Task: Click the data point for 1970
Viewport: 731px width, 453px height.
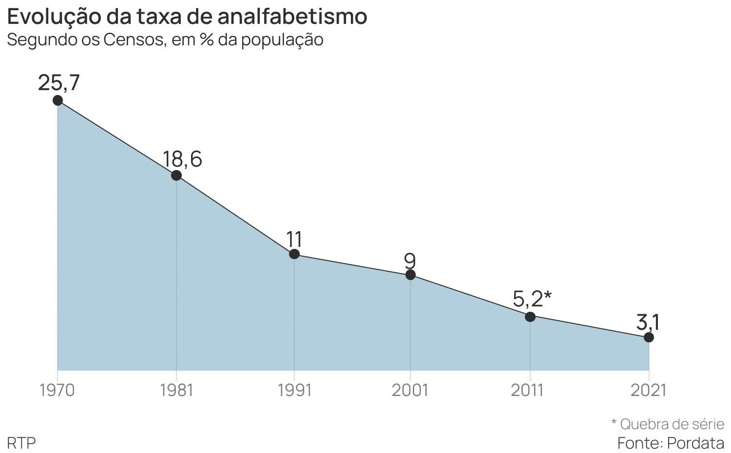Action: click(x=58, y=100)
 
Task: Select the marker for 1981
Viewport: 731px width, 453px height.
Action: click(x=176, y=175)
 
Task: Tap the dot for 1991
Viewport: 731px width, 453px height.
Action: click(x=294, y=254)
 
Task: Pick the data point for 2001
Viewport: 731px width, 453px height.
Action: click(x=410, y=275)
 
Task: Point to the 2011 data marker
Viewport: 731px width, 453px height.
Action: click(x=530, y=317)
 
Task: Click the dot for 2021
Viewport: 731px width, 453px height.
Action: click(x=649, y=337)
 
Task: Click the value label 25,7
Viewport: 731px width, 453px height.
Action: click(x=58, y=83)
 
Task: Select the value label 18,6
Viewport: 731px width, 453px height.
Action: click(x=182, y=159)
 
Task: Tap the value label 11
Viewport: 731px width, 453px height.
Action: click(x=294, y=240)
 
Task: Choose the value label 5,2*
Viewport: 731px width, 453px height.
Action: click(x=532, y=299)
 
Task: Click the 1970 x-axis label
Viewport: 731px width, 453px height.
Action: click(x=57, y=390)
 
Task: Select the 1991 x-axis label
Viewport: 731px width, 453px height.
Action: click(x=294, y=390)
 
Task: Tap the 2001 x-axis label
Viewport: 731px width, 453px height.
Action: click(x=410, y=390)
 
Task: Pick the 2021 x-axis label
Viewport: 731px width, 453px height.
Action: click(x=648, y=390)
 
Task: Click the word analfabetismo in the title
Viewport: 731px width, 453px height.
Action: click(x=292, y=17)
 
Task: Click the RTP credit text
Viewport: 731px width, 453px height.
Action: click(x=21, y=443)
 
